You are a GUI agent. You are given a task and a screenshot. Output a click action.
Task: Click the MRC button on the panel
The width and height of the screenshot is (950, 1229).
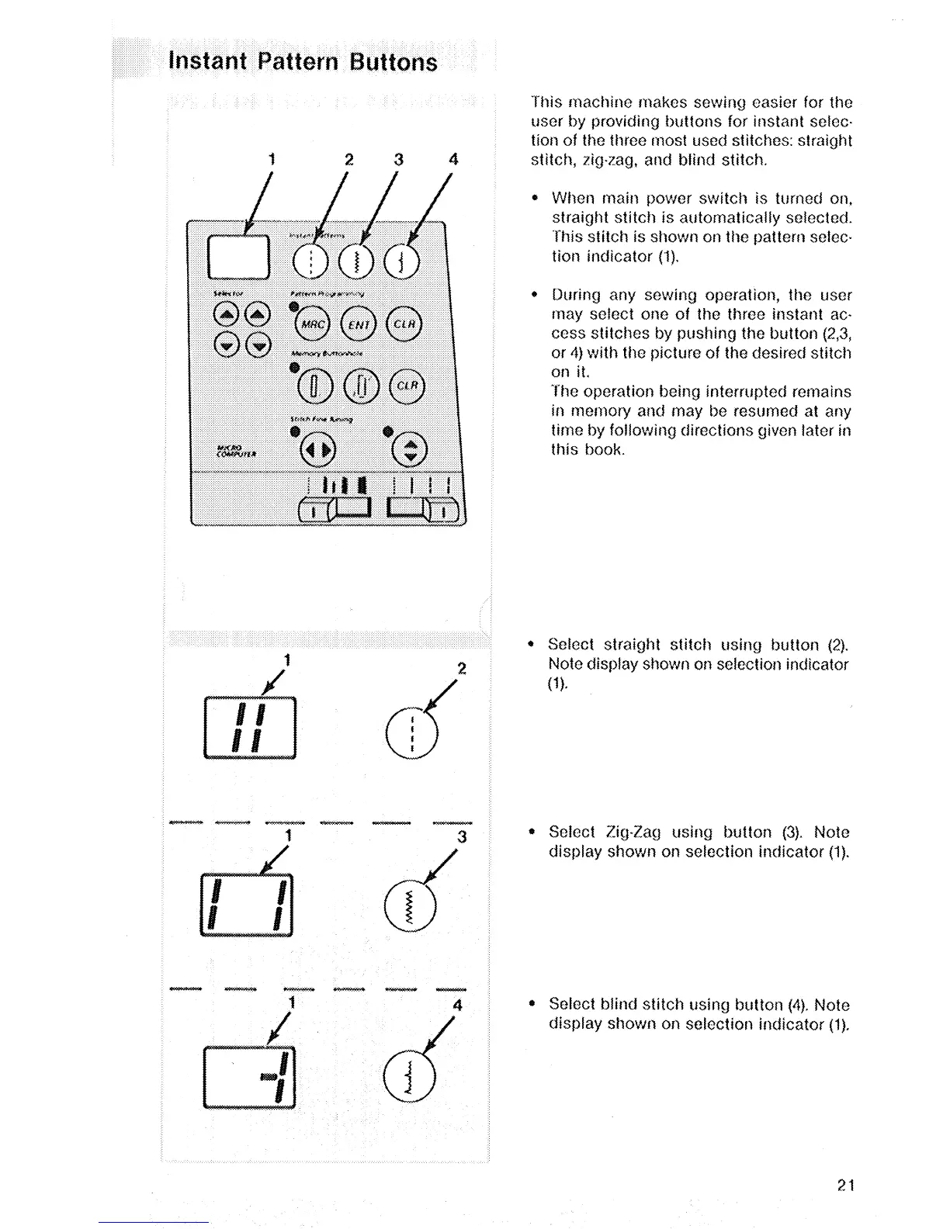coord(314,324)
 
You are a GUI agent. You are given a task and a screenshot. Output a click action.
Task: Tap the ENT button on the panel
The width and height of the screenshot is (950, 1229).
coord(359,324)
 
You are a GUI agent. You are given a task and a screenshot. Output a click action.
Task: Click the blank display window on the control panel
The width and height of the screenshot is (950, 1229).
coord(238,257)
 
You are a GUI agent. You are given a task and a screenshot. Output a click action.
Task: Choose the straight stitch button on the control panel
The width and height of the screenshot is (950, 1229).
coord(311,261)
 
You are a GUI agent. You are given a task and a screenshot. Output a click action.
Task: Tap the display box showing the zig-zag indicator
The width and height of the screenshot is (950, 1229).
coord(246,905)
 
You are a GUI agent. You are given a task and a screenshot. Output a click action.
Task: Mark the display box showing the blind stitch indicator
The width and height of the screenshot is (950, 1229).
coord(249,1078)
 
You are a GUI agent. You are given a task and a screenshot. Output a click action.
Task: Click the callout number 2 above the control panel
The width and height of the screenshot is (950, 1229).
coord(349,160)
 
